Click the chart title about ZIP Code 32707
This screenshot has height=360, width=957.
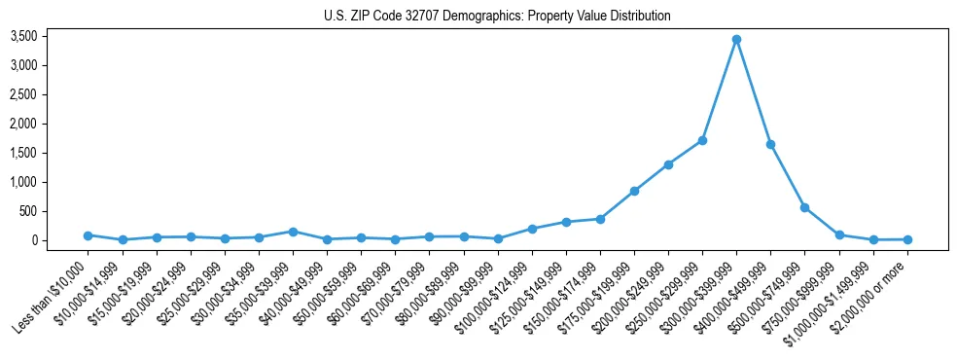tap(497, 17)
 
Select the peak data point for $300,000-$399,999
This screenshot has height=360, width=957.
tap(737, 39)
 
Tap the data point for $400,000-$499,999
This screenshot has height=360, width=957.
tap(771, 144)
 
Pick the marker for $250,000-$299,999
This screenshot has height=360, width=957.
tap(702, 140)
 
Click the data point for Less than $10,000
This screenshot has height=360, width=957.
tap(88, 235)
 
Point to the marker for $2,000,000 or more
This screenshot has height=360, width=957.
tap(907, 239)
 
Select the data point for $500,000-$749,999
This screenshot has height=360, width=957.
tap(805, 207)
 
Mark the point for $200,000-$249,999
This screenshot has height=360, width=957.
tap(668, 164)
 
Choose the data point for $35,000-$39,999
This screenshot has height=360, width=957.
tap(293, 232)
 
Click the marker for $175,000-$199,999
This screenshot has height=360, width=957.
tap(634, 191)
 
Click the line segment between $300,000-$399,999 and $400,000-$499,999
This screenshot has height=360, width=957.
tap(754, 91)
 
